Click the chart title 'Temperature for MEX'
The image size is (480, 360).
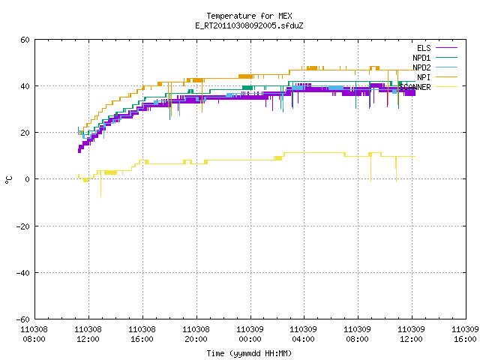(x=249, y=16)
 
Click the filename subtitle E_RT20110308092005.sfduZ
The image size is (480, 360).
(x=249, y=25)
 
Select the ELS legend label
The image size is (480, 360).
(x=424, y=48)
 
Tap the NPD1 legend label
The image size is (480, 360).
(x=421, y=58)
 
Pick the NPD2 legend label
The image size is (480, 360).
(x=421, y=67)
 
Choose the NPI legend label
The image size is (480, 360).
(x=424, y=77)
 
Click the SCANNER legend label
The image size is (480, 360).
(x=415, y=87)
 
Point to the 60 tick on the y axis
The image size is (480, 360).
(x=25, y=40)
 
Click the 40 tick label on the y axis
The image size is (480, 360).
(x=25, y=86)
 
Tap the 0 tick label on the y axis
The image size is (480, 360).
(x=28, y=179)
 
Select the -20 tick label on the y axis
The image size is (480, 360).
(x=23, y=226)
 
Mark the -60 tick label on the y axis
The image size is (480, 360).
(x=23, y=319)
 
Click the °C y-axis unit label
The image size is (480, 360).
(x=8, y=180)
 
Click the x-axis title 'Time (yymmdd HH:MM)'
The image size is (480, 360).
(x=249, y=353)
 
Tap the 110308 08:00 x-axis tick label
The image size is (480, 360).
(x=34, y=334)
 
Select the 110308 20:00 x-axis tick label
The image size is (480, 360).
(x=196, y=334)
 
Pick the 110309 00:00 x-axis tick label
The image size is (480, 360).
(x=250, y=334)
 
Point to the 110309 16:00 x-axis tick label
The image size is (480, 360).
(x=465, y=334)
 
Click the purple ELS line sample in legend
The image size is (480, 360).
(x=447, y=48)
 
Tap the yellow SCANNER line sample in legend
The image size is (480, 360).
(x=447, y=87)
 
